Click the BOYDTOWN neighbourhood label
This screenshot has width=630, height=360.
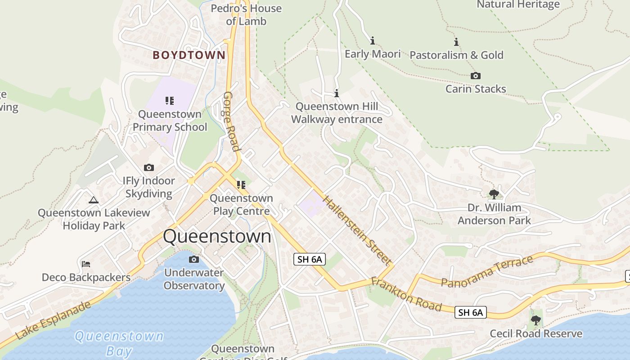pos(189,55)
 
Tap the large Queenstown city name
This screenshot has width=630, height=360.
pos(217,236)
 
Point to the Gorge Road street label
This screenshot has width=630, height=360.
pos(231,121)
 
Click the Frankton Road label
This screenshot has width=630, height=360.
pos(406,295)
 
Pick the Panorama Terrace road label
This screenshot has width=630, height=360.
pos(487,271)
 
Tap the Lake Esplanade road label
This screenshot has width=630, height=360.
pos(53,320)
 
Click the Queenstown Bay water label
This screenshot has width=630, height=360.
pos(119,343)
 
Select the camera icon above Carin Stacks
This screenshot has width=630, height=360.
pos(475,76)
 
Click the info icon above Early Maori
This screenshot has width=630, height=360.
pos(373,41)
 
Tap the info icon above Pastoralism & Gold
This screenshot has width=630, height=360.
pos(456,42)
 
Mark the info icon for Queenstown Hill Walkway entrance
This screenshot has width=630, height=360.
pos(337,94)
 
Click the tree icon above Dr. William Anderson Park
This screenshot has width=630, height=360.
pos(494,194)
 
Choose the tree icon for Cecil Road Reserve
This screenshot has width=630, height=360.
pos(535,320)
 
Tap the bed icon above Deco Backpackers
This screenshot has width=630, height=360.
pos(86,264)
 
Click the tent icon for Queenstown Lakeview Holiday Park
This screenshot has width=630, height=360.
pos(94,200)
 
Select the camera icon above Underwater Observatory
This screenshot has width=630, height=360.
pos(194,259)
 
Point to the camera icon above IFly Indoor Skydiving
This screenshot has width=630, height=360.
pos(149,168)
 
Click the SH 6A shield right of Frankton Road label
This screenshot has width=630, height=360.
pos(471,312)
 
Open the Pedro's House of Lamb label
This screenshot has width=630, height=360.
pos(246,15)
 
